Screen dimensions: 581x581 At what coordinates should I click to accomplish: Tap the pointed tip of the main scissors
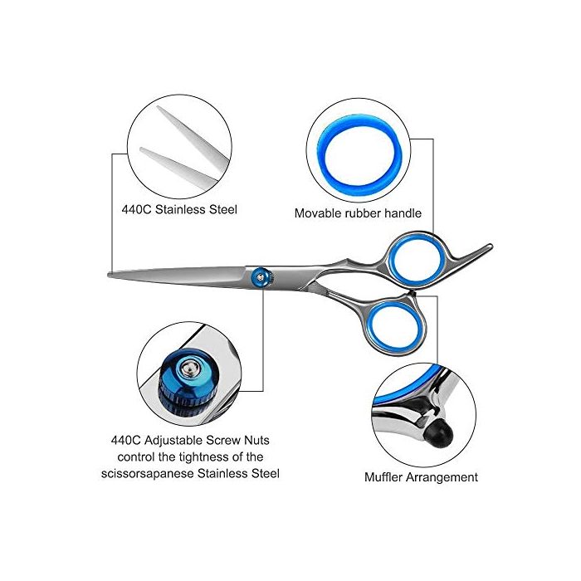[109, 275]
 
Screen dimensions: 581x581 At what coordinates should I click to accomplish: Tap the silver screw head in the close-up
[189, 369]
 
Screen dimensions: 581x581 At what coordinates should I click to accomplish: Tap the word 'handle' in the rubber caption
[403, 213]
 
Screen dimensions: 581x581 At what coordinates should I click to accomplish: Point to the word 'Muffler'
[383, 477]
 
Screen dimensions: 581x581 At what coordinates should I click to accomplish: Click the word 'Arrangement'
[442, 477]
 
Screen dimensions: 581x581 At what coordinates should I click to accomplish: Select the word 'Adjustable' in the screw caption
[173, 441]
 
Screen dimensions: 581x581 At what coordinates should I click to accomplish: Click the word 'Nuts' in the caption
[256, 441]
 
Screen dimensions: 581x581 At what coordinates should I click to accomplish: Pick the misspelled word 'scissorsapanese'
[147, 474]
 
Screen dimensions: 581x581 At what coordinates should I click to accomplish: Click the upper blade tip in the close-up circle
[159, 108]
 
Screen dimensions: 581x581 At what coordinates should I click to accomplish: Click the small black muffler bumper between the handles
[413, 294]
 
